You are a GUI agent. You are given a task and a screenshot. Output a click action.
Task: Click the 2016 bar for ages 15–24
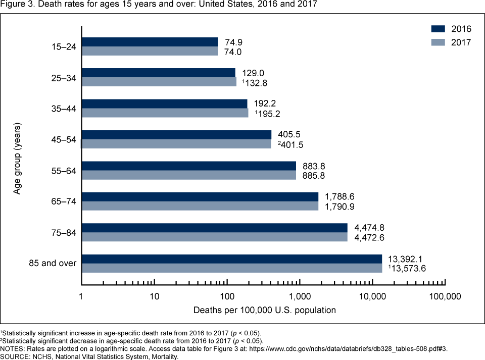point(150,42)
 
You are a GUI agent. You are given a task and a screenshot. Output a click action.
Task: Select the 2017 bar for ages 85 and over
point(231,268)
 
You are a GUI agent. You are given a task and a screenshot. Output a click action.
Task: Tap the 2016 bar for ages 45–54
point(176,135)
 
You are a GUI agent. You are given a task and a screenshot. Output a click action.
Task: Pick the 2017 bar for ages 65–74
point(200,206)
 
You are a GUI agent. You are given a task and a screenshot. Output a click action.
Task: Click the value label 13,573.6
point(407,269)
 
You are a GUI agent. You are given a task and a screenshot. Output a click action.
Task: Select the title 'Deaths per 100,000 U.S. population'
point(264,310)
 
